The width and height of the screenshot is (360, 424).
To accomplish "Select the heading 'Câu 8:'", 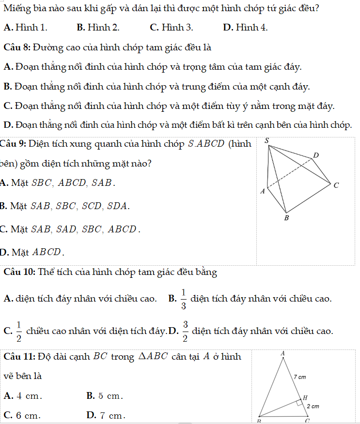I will coord(17,47).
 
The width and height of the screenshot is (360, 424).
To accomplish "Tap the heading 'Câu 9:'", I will coord(14,144).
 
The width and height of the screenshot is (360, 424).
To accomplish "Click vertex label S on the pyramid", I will coord(266,140).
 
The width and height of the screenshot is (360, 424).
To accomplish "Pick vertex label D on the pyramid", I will coord(316,155).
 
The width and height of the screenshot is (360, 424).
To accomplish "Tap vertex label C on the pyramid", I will coord(336,185).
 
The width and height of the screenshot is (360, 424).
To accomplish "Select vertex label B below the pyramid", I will coord(286,218).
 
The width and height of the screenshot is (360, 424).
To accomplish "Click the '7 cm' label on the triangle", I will coord(299,376).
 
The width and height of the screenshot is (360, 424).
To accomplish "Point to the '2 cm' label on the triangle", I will coord(313,407).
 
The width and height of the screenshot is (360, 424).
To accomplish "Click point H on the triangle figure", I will coord(305,397).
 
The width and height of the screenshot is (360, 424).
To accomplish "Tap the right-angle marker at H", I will coord(300,402).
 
